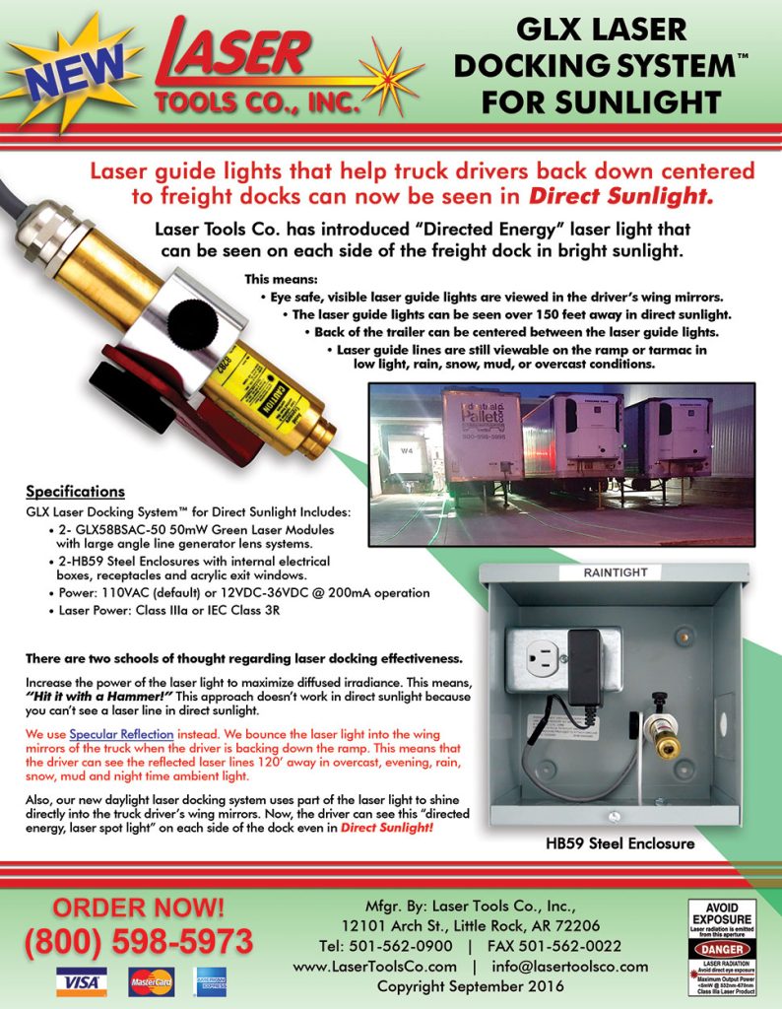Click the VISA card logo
pyautogui.click(x=81, y=980)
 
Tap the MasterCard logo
pyautogui.click(x=151, y=980)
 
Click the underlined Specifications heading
pyautogui.click(x=75, y=491)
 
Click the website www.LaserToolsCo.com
pyautogui.click(x=375, y=966)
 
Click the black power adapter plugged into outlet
pyautogui.click(x=585, y=660)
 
